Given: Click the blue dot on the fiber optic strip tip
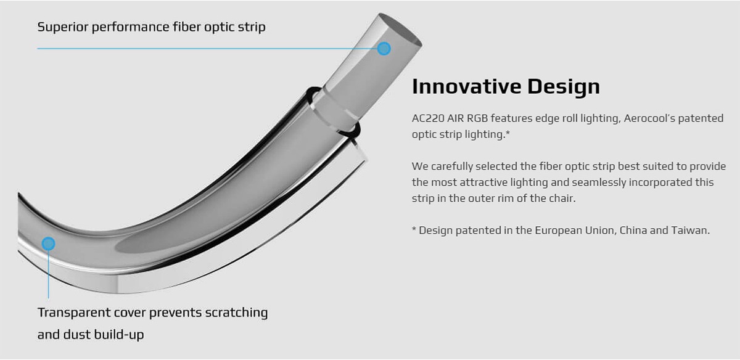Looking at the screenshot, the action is (384, 49).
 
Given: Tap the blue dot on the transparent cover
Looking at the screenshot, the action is (48, 243).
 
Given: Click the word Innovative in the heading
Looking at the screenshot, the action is (466, 86).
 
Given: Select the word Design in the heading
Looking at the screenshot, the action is (564, 87).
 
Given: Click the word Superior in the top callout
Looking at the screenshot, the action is (62, 27).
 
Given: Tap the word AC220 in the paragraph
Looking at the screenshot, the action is (428, 118).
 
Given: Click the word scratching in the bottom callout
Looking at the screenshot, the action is (236, 313).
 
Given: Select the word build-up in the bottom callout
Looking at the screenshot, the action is (119, 335).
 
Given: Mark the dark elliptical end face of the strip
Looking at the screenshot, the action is (400, 30).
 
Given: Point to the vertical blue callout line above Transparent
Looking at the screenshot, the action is (48, 274).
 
